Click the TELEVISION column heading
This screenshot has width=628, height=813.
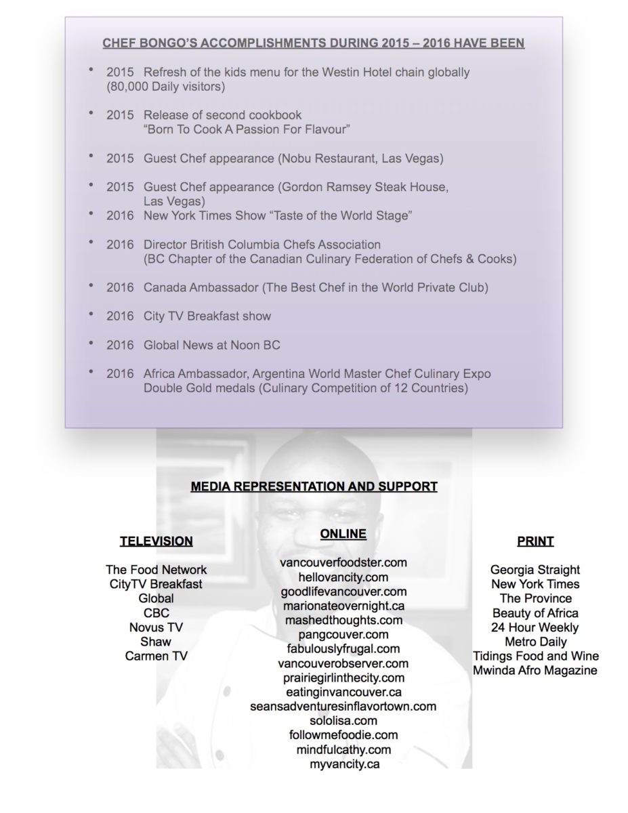pyautogui.click(x=156, y=541)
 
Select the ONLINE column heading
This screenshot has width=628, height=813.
pyautogui.click(x=343, y=534)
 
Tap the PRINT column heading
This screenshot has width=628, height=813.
pyautogui.click(x=535, y=541)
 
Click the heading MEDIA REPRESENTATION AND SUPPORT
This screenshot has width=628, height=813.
pyautogui.click(x=314, y=486)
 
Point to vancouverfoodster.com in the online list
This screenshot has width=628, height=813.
pyautogui.click(x=343, y=562)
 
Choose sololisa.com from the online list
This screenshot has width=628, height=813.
pyautogui.click(x=343, y=720)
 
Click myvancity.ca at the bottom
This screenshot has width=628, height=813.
pyautogui.click(x=343, y=764)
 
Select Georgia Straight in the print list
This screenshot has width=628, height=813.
pyautogui.click(x=535, y=570)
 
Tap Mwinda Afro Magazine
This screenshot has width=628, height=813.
pyautogui.click(x=535, y=670)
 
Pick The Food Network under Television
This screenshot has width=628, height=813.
pyautogui.click(x=156, y=570)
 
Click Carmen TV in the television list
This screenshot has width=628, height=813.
pyautogui.click(x=156, y=656)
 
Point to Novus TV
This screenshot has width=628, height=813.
pyautogui.click(x=156, y=627)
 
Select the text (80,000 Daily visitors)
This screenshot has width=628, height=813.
pyautogui.click(x=165, y=86)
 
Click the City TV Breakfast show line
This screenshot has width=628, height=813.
pyautogui.click(x=207, y=316)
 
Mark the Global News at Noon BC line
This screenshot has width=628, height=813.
pyautogui.click(x=211, y=345)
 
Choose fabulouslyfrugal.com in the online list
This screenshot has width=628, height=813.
pyautogui.click(x=343, y=648)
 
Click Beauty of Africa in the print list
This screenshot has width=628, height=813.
pyautogui.click(x=535, y=613)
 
